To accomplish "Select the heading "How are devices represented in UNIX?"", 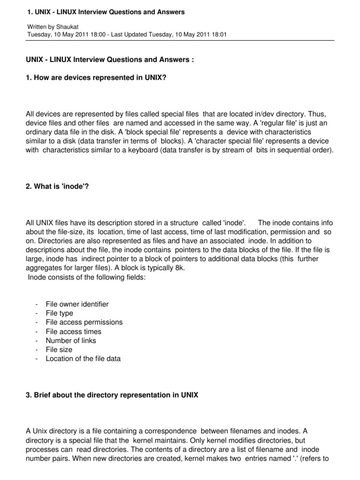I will point(96,78).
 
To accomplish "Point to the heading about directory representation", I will point(112,395).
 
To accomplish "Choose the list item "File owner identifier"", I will point(77,304).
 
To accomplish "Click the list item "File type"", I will point(60,313).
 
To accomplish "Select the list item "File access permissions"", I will point(84,322).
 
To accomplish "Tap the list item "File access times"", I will point(74,331).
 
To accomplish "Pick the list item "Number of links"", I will point(71,340).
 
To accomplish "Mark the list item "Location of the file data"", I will point(83,359).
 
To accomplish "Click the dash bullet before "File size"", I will point(36,350).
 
